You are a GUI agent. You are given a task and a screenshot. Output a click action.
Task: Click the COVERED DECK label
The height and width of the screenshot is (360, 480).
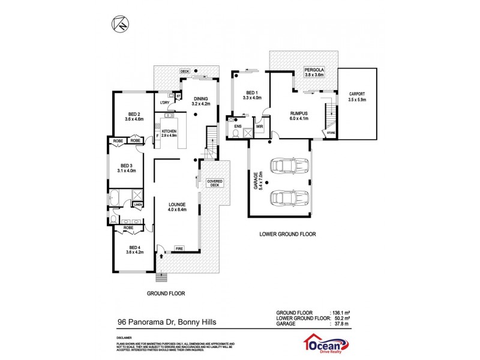point(214,183)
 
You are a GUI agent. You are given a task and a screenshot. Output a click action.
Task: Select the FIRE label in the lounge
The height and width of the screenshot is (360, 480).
point(179,248)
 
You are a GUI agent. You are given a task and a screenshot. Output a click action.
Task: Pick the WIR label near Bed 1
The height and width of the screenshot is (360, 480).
point(260,127)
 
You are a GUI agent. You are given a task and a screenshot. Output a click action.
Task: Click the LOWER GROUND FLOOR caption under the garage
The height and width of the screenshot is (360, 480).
point(287,234)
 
